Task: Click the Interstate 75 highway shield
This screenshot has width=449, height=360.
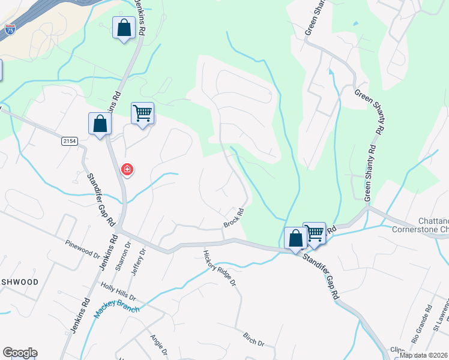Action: pos(10,28)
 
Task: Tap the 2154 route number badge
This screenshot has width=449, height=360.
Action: pos(70,141)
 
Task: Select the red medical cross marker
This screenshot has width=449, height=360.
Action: pos(127,170)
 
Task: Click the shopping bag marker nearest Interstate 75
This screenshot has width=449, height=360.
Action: pos(124,28)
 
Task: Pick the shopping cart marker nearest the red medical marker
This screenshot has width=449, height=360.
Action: pos(143,113)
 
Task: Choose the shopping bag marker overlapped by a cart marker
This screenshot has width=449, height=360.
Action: pos(295,238)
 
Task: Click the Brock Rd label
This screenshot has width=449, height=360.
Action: pos(234,218)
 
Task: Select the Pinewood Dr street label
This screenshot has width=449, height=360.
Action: pos(83,247)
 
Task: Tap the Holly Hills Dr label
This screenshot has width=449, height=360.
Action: pos(119,292)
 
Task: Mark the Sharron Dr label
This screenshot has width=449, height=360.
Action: pos(125,256)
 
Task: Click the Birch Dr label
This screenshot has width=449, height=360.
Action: pos(254,339)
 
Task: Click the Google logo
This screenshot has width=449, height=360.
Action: pos(20,353)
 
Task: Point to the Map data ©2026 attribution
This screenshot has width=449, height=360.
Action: pos(424,355)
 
